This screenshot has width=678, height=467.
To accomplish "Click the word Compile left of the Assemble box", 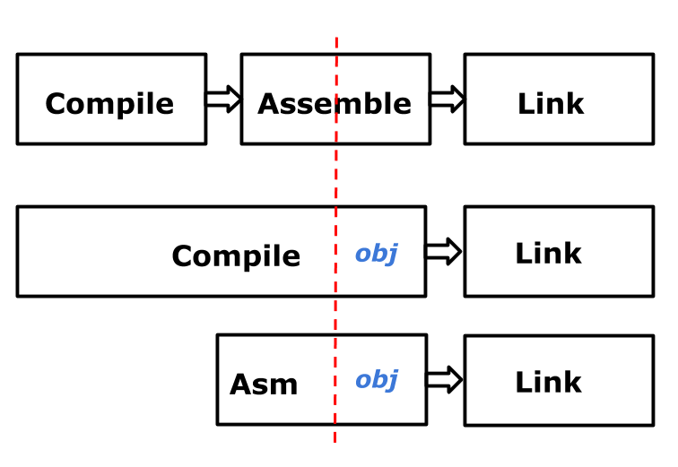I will pos(109,104).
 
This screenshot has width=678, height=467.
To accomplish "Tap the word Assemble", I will pos(334,104).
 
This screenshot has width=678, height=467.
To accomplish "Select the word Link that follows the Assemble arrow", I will pos(550,104).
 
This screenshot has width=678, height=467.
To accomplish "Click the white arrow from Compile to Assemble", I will pos(223,99).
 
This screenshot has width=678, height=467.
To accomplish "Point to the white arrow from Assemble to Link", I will pos(447,99).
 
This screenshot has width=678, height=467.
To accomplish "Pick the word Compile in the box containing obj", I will pos(236,256).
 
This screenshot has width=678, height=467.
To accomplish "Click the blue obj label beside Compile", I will pos(376,254).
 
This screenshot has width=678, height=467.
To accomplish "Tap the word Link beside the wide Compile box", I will pos(548,254).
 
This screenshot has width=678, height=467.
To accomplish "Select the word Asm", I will pos(264,385).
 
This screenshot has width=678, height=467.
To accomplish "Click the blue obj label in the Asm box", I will pos(376,380).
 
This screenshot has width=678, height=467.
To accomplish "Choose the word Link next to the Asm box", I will pos(548,383).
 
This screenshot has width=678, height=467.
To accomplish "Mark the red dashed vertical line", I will pos(335,179).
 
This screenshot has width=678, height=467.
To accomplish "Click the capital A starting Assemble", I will pos(266,104).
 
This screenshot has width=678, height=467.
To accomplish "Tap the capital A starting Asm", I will pos(239,385).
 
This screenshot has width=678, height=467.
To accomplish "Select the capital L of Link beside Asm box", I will pos(523,383).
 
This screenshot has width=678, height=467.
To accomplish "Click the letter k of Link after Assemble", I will pos(575,104).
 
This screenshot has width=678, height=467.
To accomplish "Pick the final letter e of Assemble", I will pos(403,105).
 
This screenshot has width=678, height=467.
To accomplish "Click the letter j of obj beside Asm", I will pos(392,381).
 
